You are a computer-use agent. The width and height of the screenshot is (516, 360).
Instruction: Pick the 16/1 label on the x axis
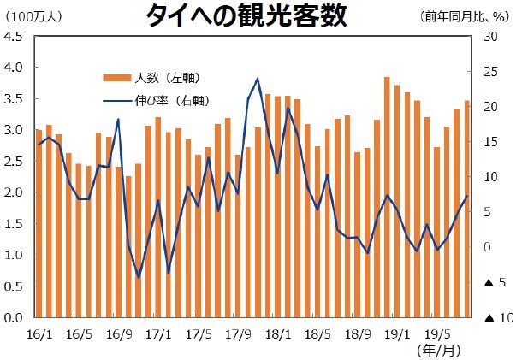pos(39,331)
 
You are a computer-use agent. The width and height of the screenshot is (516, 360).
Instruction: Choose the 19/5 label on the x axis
pos(438,331)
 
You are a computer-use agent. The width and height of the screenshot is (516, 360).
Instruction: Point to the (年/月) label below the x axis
pos(438,350)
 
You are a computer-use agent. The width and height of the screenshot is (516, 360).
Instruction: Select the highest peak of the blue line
pos(258,79)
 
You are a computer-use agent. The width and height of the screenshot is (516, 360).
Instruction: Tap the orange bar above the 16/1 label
pos(39,223)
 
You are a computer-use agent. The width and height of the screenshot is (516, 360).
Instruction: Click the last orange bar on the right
pos(467,209)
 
